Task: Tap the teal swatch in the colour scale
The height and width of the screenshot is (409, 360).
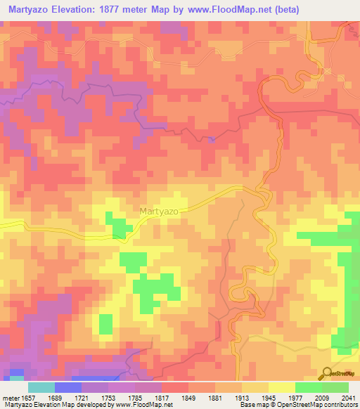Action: click(x=41, y=387)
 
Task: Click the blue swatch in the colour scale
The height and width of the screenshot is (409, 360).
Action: click(x=67, y=387)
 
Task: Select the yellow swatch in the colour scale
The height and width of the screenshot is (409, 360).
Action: click(x=281, y=387)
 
